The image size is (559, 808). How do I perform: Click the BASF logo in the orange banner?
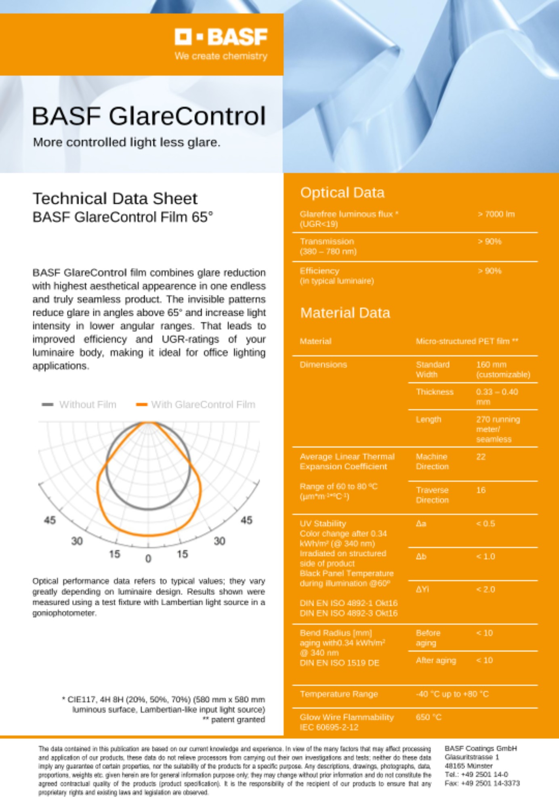(221, 37)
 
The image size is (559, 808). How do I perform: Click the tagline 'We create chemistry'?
(221, 56)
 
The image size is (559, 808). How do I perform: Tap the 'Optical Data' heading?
(342, 193)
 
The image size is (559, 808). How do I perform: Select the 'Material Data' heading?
(345, 313)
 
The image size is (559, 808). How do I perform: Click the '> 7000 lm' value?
(496, 214)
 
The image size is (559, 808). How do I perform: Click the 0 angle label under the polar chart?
(148, 558)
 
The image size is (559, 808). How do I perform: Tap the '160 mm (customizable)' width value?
(503, 369)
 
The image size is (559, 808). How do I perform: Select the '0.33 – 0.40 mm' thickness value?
(496, 397)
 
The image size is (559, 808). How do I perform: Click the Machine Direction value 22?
(481, 457)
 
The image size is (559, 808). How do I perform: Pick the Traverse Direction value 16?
(481, 490)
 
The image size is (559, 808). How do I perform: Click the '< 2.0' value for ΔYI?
(485, 589)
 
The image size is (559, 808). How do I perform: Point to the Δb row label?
(421, 556)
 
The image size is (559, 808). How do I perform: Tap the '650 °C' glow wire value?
(429, 717)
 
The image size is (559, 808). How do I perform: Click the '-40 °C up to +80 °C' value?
(452, 694)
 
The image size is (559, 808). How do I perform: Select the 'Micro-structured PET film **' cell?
(467, 341)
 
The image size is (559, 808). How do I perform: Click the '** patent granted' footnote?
(234, 720)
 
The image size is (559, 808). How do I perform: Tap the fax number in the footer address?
(482, 783)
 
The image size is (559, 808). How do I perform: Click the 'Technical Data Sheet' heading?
(115, 198)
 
